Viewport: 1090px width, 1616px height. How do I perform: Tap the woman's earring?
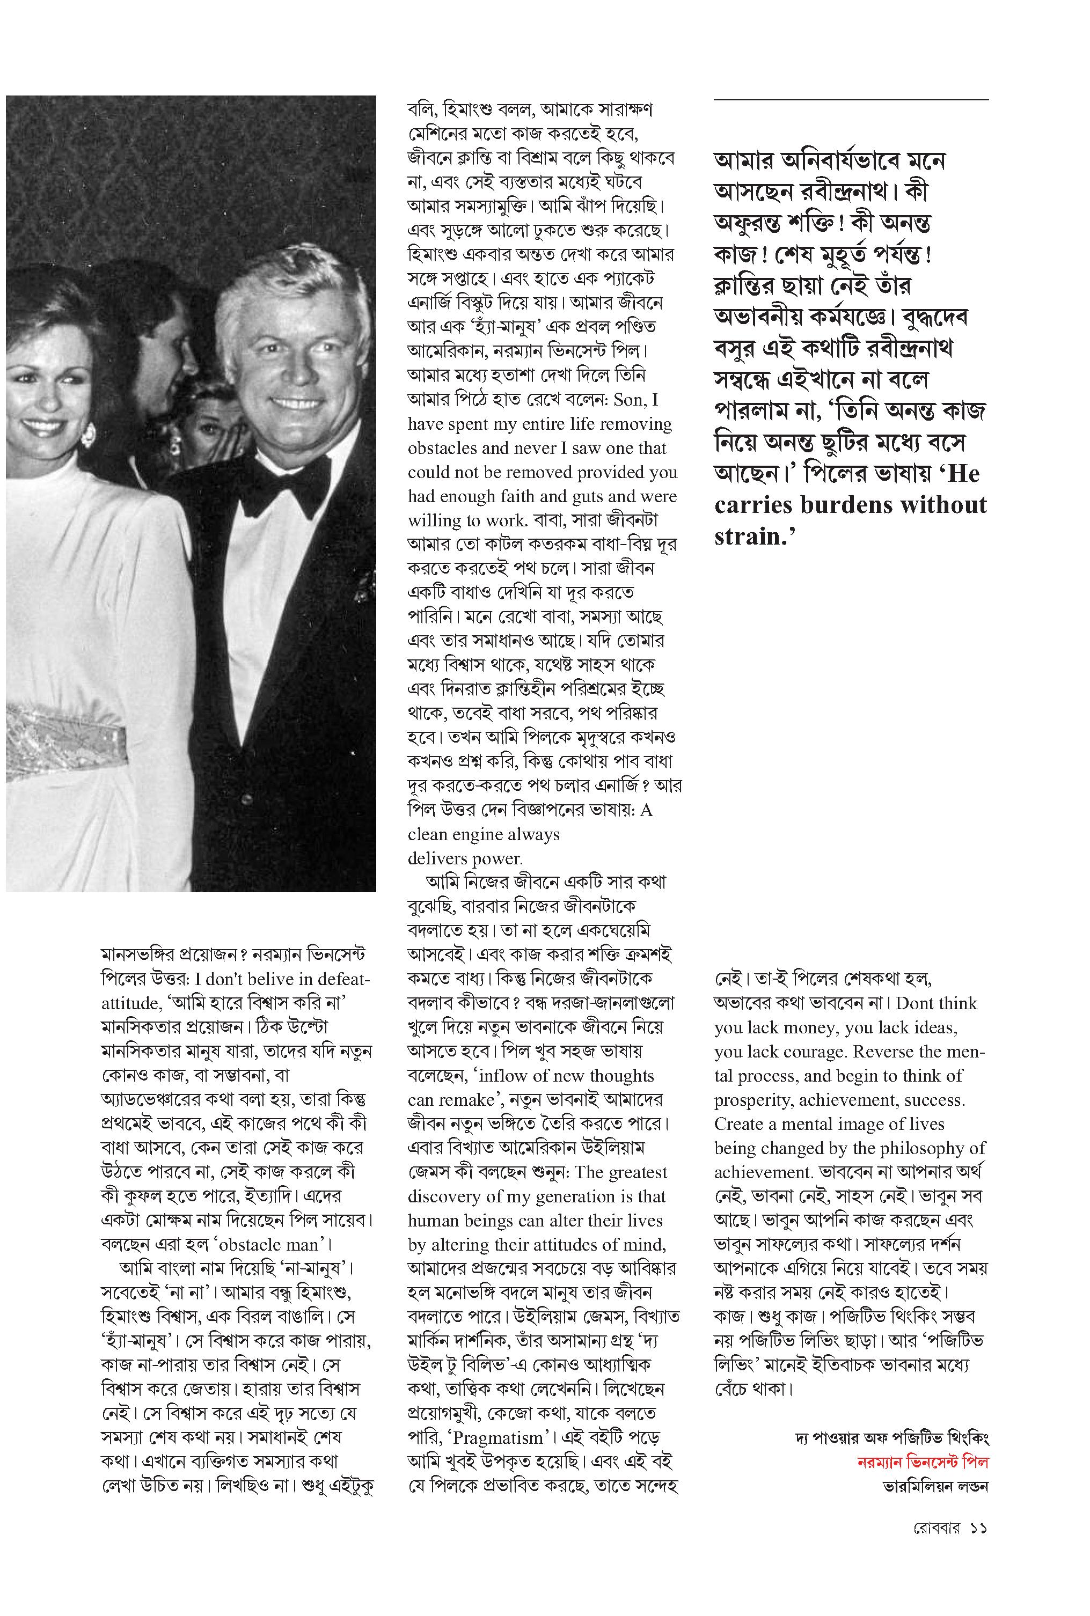[x=89, y=435]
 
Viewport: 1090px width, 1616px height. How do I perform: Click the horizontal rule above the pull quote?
[x=851, y=100]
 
